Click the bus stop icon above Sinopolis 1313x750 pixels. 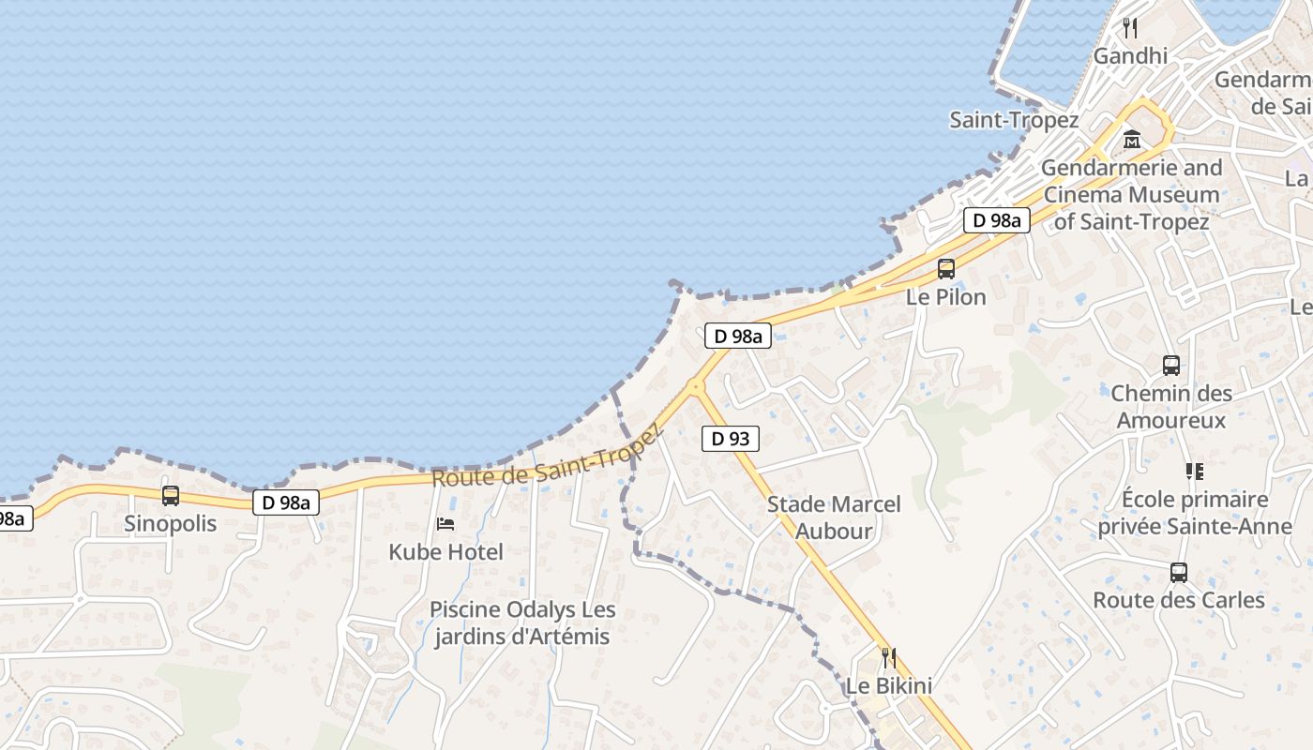tap(170, 495)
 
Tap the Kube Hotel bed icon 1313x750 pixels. tap(445, 524)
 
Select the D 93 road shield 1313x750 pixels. tap(730, 438)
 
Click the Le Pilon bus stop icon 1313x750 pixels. tap(945, 269)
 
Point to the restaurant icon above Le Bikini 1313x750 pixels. tap(888, 657)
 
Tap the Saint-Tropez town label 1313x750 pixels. tap(1014, 120)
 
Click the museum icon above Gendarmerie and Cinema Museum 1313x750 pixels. tap(1131, 140)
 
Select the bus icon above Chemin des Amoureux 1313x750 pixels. tap(1170, 365)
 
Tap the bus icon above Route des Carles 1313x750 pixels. tap(1178, 572)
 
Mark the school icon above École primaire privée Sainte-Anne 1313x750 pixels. tap(1194, 471)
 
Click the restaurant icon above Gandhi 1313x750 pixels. tap(1130, 28)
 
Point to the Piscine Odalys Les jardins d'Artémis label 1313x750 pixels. tap(522, 623)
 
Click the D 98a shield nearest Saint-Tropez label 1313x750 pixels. tap(997, 220)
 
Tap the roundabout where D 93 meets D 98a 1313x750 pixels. tap(696, 385)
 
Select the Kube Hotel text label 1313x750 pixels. tap(446, 552)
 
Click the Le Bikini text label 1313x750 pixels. tap(889, 686)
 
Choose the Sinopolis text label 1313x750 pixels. tap(170, 524)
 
